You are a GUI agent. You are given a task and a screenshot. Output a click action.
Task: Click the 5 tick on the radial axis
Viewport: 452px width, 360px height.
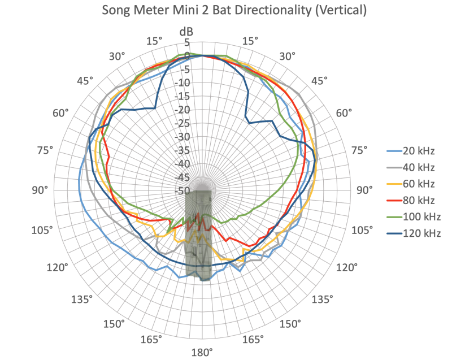tap(188, 42)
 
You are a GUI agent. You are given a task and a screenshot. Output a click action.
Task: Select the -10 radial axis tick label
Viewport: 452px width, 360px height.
tap(184, 83)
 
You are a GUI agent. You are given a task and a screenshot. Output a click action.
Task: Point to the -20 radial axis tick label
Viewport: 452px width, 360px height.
tap(184, 110)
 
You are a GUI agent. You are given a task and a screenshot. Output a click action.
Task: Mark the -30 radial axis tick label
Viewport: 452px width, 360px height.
tap(184, 137)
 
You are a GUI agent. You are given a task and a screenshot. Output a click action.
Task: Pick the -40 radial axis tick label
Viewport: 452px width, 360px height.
tap(184, 164)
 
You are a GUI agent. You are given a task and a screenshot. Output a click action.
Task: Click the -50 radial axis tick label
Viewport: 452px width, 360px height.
tap(184, 191)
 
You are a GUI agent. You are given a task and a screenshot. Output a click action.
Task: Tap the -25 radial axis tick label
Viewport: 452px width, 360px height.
tap(184, 124)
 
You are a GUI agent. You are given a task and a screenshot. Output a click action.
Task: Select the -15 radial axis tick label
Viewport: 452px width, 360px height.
tap(184, 97)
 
